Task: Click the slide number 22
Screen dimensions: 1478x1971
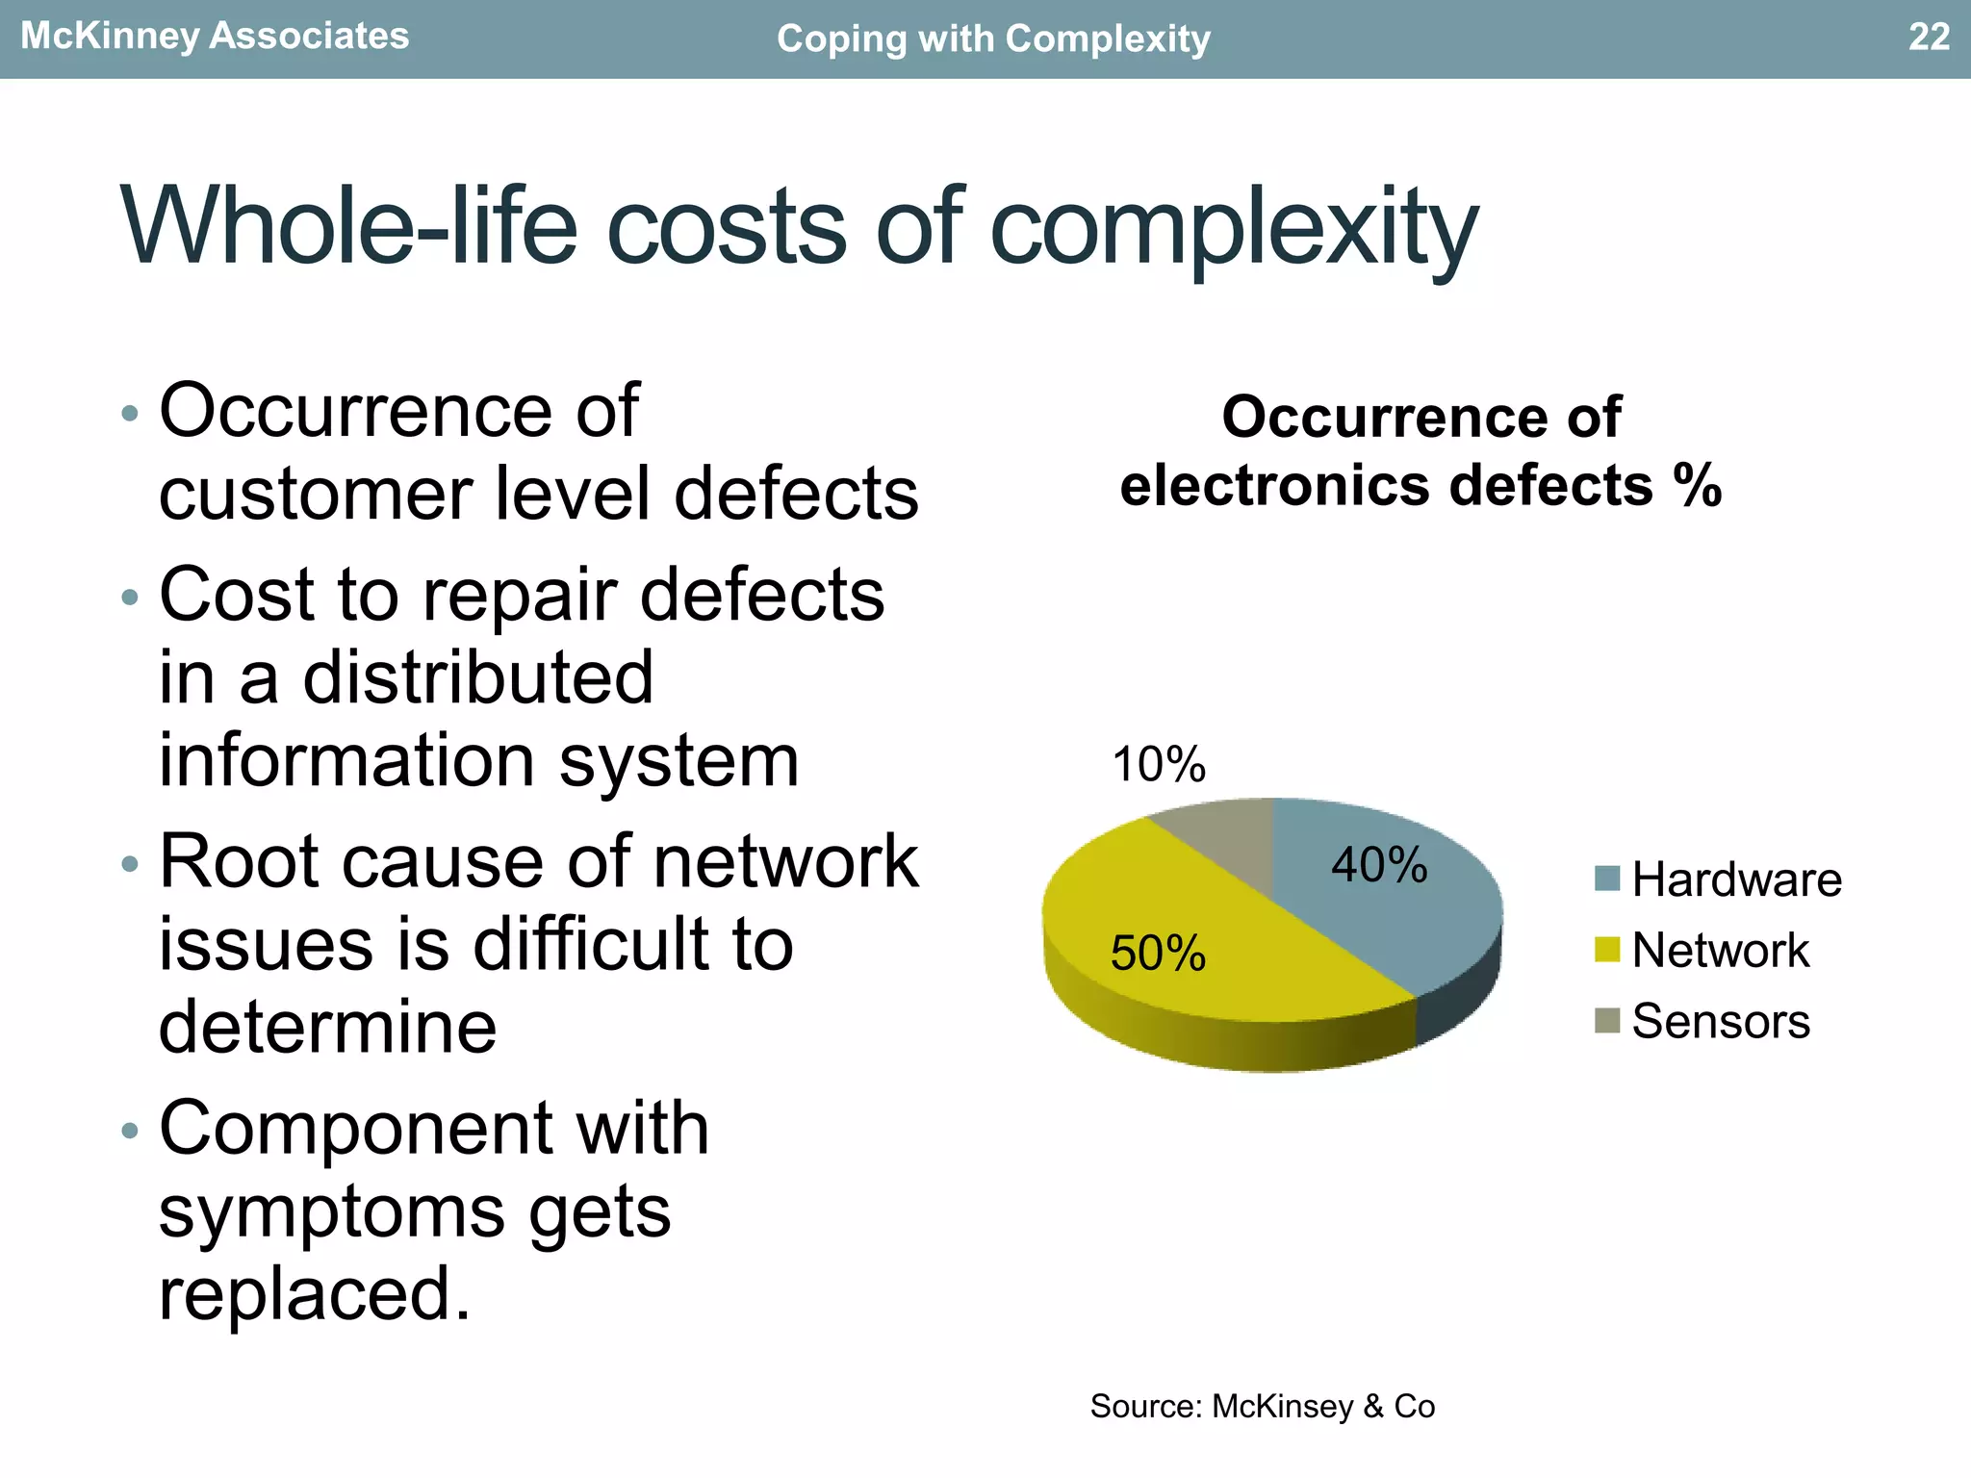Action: tap(1928, 37)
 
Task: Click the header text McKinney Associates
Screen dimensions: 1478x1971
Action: tap(215, 37)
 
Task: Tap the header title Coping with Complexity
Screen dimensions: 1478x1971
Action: tap(992, 39)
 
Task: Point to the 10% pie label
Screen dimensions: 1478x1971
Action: tap(1159, 765)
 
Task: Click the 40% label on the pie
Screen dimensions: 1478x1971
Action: tap(1379, 864)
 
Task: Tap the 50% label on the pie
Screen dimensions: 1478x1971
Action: tap(1158, 954)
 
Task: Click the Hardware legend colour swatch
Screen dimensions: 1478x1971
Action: tap(1606, 879)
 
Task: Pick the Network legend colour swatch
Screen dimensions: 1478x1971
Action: tap(1606, 950)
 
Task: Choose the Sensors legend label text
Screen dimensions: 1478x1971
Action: tap(1721, 1021)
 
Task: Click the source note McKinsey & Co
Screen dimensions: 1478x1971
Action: tap(1262, 1406)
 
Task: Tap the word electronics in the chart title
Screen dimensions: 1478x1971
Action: tap(1276, 485)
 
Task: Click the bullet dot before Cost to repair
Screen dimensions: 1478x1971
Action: tap(130, 598)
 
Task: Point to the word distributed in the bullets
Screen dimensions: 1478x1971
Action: tap(478, 677)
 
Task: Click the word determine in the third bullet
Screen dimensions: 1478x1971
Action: tap(327, 1027)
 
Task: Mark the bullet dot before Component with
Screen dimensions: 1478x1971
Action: tap(130, 1130)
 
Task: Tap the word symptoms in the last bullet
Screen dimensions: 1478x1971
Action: tap(331, 1210)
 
